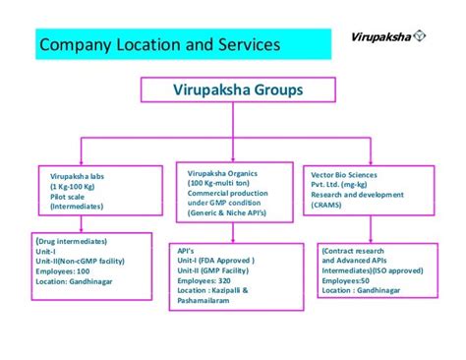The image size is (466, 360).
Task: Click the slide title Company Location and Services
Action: pyautogui.click(x=158, y=45)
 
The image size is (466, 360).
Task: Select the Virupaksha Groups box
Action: pyautogui.click(x=232, y=90)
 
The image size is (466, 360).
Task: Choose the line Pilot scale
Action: pyautogui.click(x=70, y=196)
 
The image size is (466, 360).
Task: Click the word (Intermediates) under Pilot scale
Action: pyautogui.click(x=80, y=206)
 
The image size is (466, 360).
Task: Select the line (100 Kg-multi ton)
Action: pyautogui.click(x=220, y=183)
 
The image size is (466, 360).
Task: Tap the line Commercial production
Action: pyautogui.click(x=227, y=193)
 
